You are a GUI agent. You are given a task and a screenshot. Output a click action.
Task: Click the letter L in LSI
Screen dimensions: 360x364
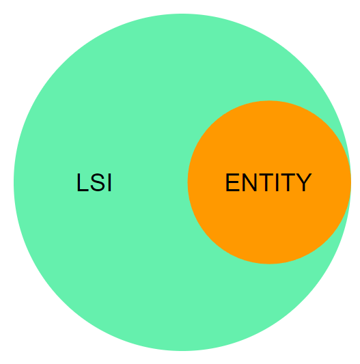pos(83,182)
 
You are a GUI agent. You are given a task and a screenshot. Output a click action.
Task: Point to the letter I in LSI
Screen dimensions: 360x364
pos(110,182)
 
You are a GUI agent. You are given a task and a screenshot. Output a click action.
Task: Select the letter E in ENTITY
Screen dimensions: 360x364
pos(232,182)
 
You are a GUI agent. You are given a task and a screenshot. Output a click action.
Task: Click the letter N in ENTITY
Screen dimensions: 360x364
pos(249,182)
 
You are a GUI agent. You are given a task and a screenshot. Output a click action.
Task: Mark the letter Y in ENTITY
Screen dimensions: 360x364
pos(303,182)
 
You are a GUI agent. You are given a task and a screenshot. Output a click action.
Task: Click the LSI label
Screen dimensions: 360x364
pos(94,182)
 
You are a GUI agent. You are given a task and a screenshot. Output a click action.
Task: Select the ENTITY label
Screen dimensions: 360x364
pos(268,182)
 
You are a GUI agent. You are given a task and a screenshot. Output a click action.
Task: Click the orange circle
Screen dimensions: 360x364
pos(269,221)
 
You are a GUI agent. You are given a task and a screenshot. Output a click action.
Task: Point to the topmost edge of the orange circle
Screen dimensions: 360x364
pos(269,101)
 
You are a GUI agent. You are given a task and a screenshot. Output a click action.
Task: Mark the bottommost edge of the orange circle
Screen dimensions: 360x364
pos(269,264)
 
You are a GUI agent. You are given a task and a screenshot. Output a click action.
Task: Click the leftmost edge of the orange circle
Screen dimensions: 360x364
pos(188,182)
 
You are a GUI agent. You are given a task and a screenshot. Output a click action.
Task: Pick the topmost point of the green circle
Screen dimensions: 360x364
pos(182,14)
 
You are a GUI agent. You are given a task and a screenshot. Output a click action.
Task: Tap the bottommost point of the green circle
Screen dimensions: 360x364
pos(182,350)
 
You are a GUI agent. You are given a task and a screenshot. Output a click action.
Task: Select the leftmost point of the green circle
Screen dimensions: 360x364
pos(14,182)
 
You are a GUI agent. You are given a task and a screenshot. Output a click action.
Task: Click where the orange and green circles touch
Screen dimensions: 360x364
pos(350,182)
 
